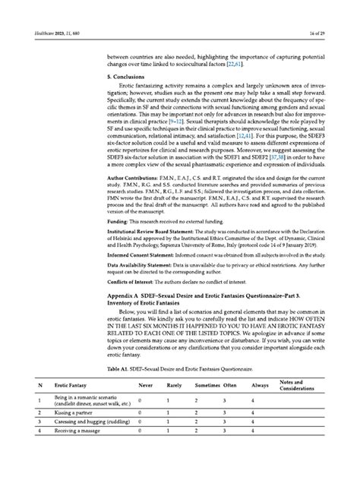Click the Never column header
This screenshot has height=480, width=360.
[x=145, y=408]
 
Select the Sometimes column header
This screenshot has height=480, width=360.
[x=207, y=408]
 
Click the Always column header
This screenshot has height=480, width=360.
[x=260, y=408]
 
